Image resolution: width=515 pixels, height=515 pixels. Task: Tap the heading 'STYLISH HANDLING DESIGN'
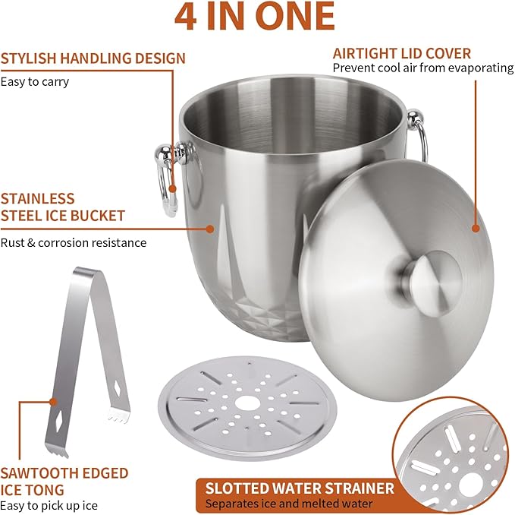tap(93, 58)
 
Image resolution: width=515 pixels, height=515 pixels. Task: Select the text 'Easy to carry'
tap(35, 81)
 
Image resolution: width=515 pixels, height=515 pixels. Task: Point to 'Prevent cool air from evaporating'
tap(422, 68)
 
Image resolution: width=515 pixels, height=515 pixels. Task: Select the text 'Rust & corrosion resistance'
tap(74, 243)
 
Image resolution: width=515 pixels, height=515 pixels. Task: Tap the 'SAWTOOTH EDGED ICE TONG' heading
tap(64, 482)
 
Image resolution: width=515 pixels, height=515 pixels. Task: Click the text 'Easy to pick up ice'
tap(49, 505)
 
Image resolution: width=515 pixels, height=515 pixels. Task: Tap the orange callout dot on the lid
tap(476, 227)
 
